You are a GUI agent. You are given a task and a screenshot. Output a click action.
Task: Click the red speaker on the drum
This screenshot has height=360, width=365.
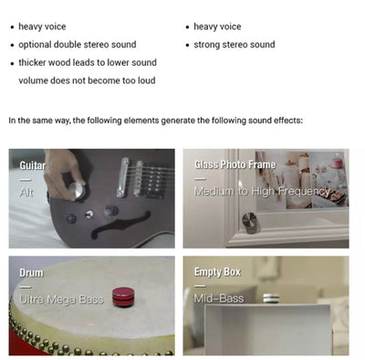pyautogui.click(x=122, y=297)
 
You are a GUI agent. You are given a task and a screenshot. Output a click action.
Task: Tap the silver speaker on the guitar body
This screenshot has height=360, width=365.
pyautogui.click(x=77, y=191)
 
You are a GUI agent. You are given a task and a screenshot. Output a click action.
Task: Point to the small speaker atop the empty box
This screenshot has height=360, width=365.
pyautogui.click(x=271, y=298)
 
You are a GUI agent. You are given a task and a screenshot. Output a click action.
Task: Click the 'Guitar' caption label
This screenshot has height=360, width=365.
pyautogui.click(x=33, y=165)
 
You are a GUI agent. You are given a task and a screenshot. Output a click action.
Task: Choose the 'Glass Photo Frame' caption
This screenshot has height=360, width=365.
pyautogui.click(x=235, y=164)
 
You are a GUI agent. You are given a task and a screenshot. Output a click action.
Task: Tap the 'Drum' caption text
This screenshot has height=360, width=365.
pyautogui.click(x=31, y=273)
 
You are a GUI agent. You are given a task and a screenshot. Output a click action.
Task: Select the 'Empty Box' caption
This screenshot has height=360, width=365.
pyautogui.click(x=217, y=272)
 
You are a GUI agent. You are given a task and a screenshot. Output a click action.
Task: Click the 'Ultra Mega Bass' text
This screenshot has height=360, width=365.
pyautogui.click(x=61, y=300)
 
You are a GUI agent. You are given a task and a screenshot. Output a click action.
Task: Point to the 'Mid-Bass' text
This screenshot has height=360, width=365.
pyautogui.click(x=219, y=298)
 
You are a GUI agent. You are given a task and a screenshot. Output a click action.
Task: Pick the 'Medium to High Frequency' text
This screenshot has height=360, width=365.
pyautogui.click(x=262, y=192)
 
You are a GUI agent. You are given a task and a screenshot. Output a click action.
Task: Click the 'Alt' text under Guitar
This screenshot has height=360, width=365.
pyautogui.click(x=26, y=193)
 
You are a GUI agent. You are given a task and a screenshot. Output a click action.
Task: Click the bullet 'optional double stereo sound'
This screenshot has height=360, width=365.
pyautogui.click(x=78, y=45)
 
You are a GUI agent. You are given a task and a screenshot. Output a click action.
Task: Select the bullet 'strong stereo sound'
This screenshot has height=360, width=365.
pyautogui.click(x=235, y=45)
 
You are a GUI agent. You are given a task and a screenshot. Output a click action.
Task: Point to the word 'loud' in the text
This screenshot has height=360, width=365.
pyautogui.click(x=147, y=80)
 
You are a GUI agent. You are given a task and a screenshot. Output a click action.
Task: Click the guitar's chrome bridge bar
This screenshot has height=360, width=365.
pyautogui.click(x=122, y=177)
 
